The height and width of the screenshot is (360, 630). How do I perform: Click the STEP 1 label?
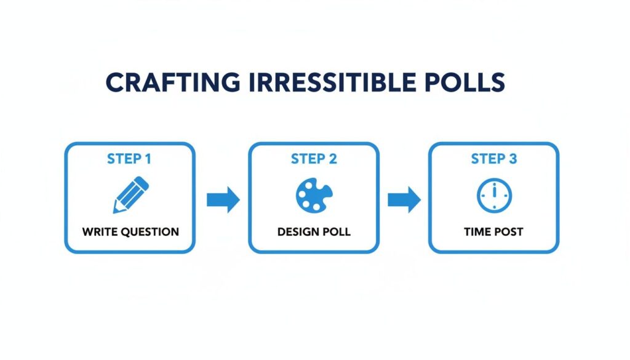129,159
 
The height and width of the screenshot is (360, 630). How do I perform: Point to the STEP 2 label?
314,159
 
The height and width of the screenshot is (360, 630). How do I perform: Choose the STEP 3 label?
494,159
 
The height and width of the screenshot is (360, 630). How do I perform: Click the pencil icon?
130,195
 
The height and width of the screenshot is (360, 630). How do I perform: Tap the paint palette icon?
314,196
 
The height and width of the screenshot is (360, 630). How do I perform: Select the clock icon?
494,196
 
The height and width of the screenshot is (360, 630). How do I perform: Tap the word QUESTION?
148,232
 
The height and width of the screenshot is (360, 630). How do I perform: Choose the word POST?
509,232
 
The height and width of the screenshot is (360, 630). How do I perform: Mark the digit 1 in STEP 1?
148,159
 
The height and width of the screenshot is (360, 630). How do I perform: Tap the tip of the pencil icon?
115,211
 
